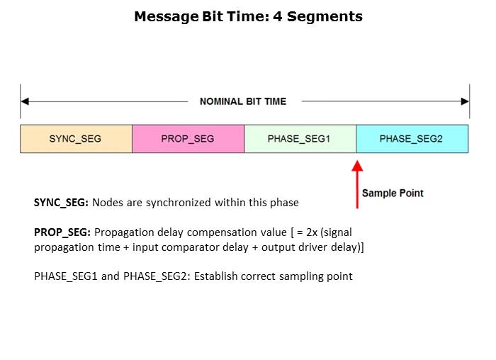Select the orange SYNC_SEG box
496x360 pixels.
coord(76,139)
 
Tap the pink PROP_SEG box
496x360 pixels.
coord(188,139)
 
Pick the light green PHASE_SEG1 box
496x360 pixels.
coord(299,139)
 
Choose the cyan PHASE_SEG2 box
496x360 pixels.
coord(411,139)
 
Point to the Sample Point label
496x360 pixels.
coord(393,193)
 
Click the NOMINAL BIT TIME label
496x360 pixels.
coord(243,101)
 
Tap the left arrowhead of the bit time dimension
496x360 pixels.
coord(25,101)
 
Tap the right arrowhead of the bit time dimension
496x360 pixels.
coord(464,101)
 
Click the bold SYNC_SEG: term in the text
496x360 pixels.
coord(61,203)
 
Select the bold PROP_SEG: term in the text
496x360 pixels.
coord(62,232)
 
